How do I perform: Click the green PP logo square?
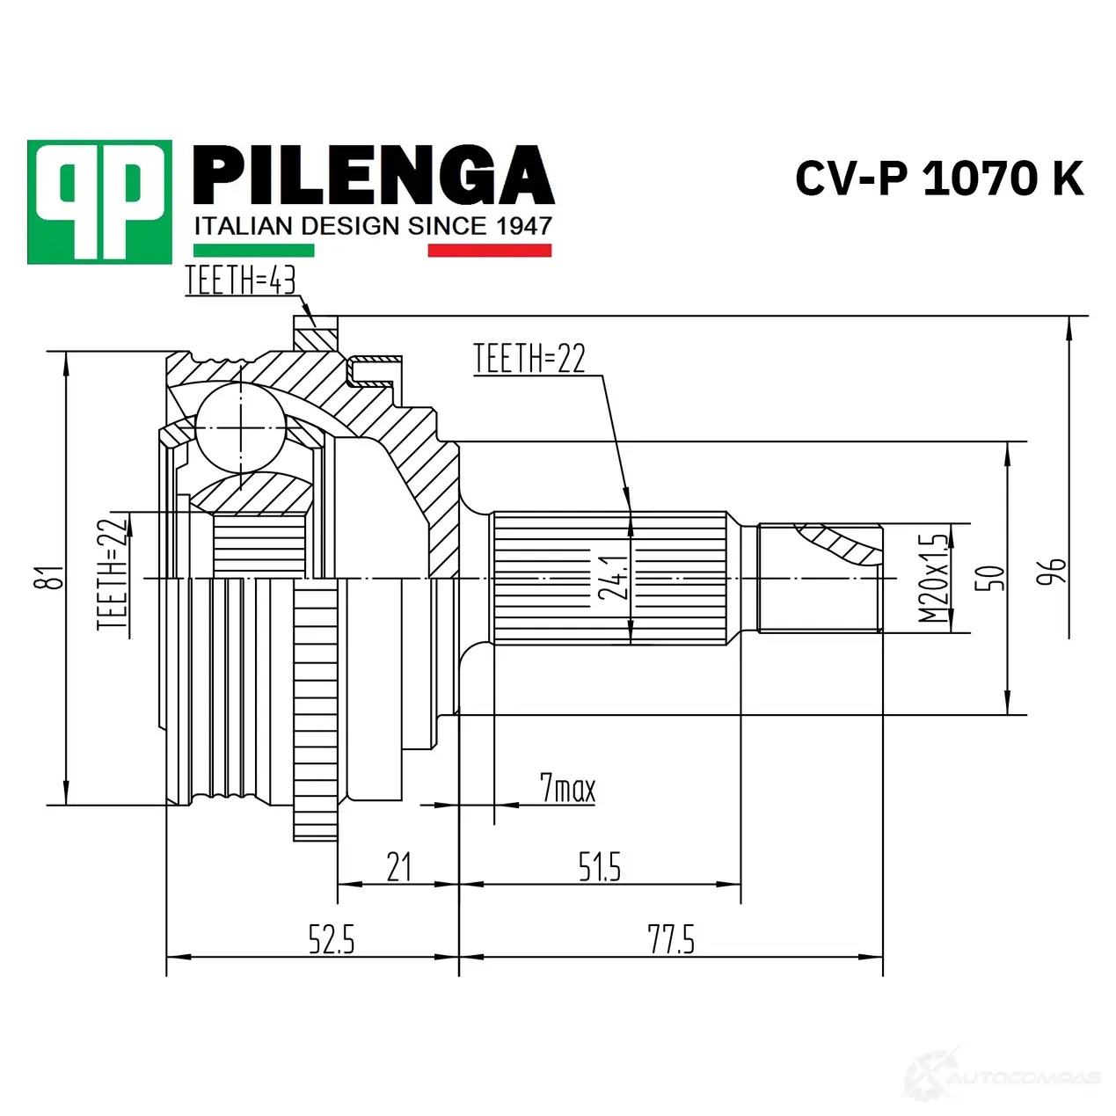(99, 202)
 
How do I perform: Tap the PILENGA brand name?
(373, 175)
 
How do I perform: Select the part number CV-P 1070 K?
(938, 179)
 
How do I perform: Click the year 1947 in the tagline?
(524, 226)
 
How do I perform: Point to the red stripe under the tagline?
(489, 250)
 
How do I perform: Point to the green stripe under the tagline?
(253, 250)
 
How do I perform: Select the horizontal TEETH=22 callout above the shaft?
(529, 359)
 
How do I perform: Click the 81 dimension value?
(55, 577)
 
